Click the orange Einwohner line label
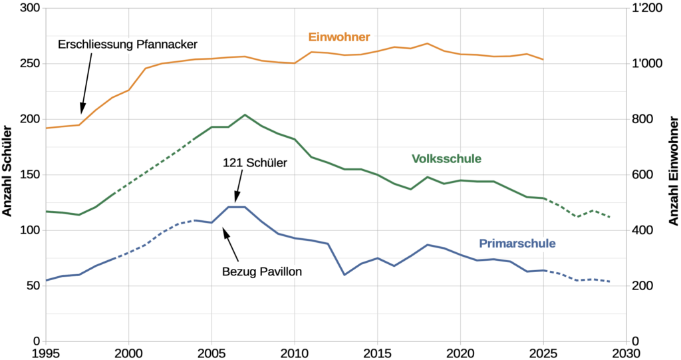[x=339, y=37]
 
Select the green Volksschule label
[x=446, y=158]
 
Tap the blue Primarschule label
[x=517, y=244]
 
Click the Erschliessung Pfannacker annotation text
[x=128, y=45]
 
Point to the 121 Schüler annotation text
[x=255, y=163]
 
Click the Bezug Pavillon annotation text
[x=262, y=271]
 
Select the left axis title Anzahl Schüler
[x=7, y=171]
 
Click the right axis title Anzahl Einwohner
[x=674, y=171]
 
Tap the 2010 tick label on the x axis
[x=295, y=353]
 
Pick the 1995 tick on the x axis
[x=46, y=353]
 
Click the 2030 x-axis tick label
[x=626, y=353]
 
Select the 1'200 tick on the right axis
[x=647, y=8]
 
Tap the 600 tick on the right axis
[x=642, y=175]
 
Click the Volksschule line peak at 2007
[x=245, y=114]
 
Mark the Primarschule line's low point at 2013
[x=344, y=275]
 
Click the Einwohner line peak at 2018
[x=428, y=43]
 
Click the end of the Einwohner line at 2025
[x=543, y=60]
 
